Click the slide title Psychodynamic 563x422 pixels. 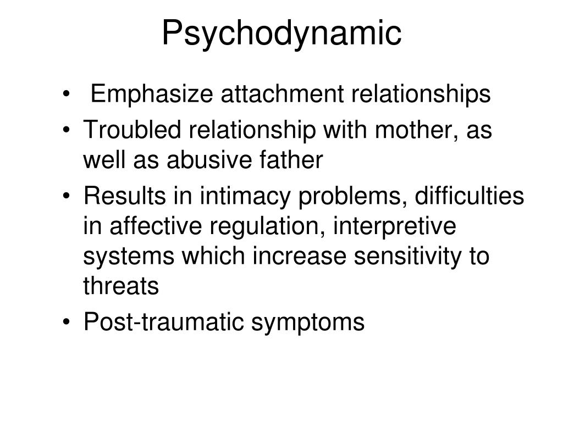pos(281,33)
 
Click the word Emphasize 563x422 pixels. pos(152,94)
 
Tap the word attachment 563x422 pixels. pos(282,94)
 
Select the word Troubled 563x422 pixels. pos(132,129)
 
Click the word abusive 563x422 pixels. pos(209,160)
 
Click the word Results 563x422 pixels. pos(125,196)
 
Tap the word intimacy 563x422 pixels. pos(245,197)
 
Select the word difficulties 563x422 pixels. pos(470,196)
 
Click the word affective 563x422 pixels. pos(156,226)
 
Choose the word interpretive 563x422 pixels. pos(395,227)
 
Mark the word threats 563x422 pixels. pos(121,286)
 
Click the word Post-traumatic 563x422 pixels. pos(164,321)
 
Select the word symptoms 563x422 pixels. pos(308,323)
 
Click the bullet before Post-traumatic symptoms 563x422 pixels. pos(66,322)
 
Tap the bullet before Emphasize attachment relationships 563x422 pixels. pos(66,94)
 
